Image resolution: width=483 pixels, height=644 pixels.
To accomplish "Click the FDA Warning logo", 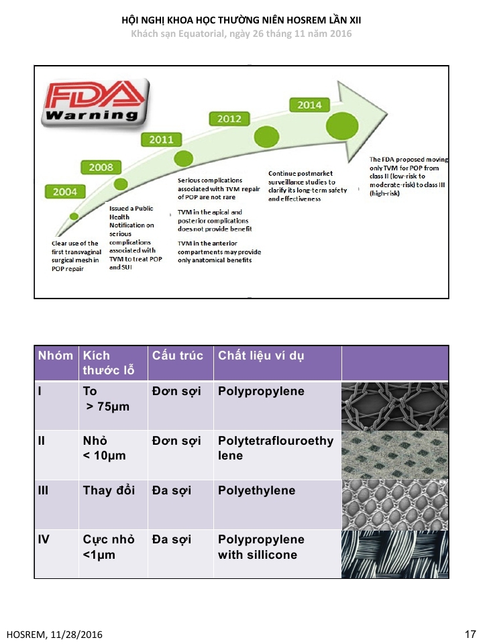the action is click(x=95, y=102).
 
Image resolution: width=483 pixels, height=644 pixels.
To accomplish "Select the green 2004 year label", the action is click(x=65, y=192).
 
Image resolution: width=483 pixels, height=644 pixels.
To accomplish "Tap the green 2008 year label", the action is click(x=101, y=168).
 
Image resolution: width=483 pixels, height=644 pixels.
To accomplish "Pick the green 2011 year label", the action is click(x=162, y=140).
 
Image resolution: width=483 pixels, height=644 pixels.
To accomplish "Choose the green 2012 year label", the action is click(x=229, y=119).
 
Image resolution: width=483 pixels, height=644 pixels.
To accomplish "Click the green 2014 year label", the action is click(x=310, y=105).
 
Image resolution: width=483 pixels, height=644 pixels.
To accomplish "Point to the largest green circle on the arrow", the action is click(x=342, y=125).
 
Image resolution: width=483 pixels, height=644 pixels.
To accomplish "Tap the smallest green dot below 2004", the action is click(x=74, y=217).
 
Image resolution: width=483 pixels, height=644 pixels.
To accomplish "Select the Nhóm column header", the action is click(x=56, y=356).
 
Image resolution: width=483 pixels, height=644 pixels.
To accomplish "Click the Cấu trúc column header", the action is click(x=177, y=356).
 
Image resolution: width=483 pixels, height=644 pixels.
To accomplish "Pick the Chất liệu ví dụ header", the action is click(x=261, y=356).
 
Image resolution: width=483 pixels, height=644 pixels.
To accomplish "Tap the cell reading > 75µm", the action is click(x=107, y=407).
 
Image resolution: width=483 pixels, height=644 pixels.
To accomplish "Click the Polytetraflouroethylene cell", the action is click(x=276, y=447).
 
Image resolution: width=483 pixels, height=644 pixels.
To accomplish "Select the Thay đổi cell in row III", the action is click(x=109, y=490).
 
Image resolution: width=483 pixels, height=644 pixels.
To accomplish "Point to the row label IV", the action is click(x=44, y=539).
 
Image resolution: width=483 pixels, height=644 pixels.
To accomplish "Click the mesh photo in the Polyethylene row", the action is click(x=395, y=504).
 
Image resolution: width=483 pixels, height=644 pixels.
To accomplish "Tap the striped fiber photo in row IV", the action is click(x=395, y=554).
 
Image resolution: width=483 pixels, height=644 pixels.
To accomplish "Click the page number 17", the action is click(x=470, y=634).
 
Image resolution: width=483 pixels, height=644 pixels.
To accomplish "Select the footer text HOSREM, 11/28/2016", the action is click(x=54, y=635).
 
